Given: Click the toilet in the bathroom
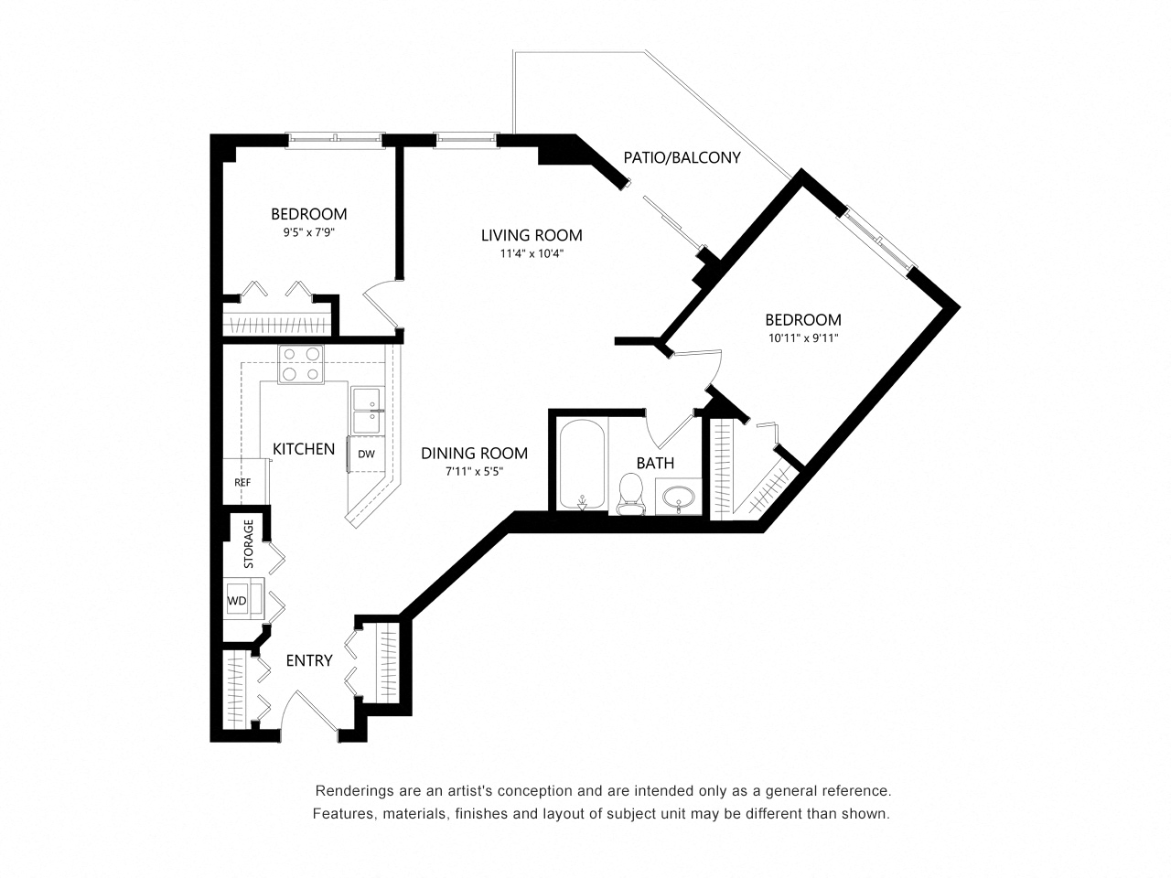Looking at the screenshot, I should click(x=629, y=490).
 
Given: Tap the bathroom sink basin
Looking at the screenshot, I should click(x=678, y=497).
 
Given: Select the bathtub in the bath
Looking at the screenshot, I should click(x=583, y=465).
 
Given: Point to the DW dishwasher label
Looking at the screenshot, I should click(x=366, y=454).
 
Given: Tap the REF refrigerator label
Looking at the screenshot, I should click(x=242, y=482).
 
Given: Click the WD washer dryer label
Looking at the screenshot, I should click(x=237, y=600).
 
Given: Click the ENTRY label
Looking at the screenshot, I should click(x=308, y=660).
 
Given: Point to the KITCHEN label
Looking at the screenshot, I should click(x=304, y=448).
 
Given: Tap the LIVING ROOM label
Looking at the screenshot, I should click(x=532, y=235).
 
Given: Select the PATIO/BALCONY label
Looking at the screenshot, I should click(x=682, y=157).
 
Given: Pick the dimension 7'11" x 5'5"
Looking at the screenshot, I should click(x=475, y=471).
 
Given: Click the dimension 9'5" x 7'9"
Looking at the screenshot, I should click(x=309, y=232).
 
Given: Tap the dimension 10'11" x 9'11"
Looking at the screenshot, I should click(x=802, y=337).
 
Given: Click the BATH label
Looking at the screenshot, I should click(x=655, y=463).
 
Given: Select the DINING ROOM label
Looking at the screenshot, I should click(x=474, y=453).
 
